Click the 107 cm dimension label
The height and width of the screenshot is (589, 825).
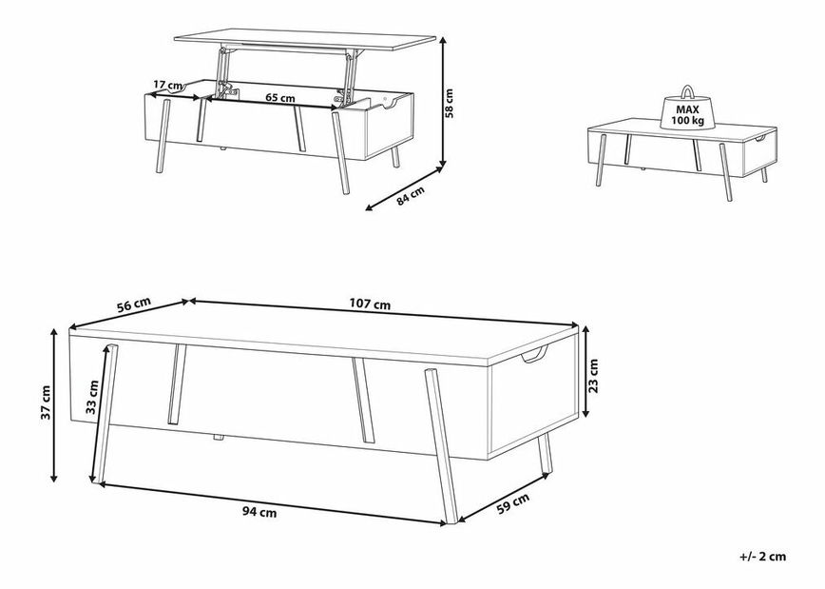tap(370, 304)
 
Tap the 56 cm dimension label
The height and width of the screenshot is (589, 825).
tap(134, 305)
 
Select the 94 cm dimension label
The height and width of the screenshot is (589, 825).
tap(259, 512)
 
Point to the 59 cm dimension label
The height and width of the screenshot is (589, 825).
tap(513, 503)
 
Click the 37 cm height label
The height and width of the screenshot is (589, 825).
tap(47, 402)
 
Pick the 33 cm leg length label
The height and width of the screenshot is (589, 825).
tap(92, 397)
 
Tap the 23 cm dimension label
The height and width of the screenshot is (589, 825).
tap(593, 376)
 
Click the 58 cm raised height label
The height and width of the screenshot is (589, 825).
tap(449, 104)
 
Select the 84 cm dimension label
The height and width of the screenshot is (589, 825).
tap(411, 196)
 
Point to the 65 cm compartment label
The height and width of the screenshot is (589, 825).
tap(279, 98)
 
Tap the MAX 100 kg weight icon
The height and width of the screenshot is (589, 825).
tap(687, 108)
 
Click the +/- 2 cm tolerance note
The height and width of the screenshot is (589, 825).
tap(762, 557)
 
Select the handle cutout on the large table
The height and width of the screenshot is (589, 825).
tap(534, 356)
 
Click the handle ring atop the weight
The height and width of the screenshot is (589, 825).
tap(687, 91)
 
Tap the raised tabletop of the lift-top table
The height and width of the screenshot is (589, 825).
tap(305, 40)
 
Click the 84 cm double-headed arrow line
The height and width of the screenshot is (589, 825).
tap(405, 188)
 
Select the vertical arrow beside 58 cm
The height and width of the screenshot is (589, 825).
tap(444, 100)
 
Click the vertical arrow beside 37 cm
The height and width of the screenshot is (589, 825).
tap(53, 404)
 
